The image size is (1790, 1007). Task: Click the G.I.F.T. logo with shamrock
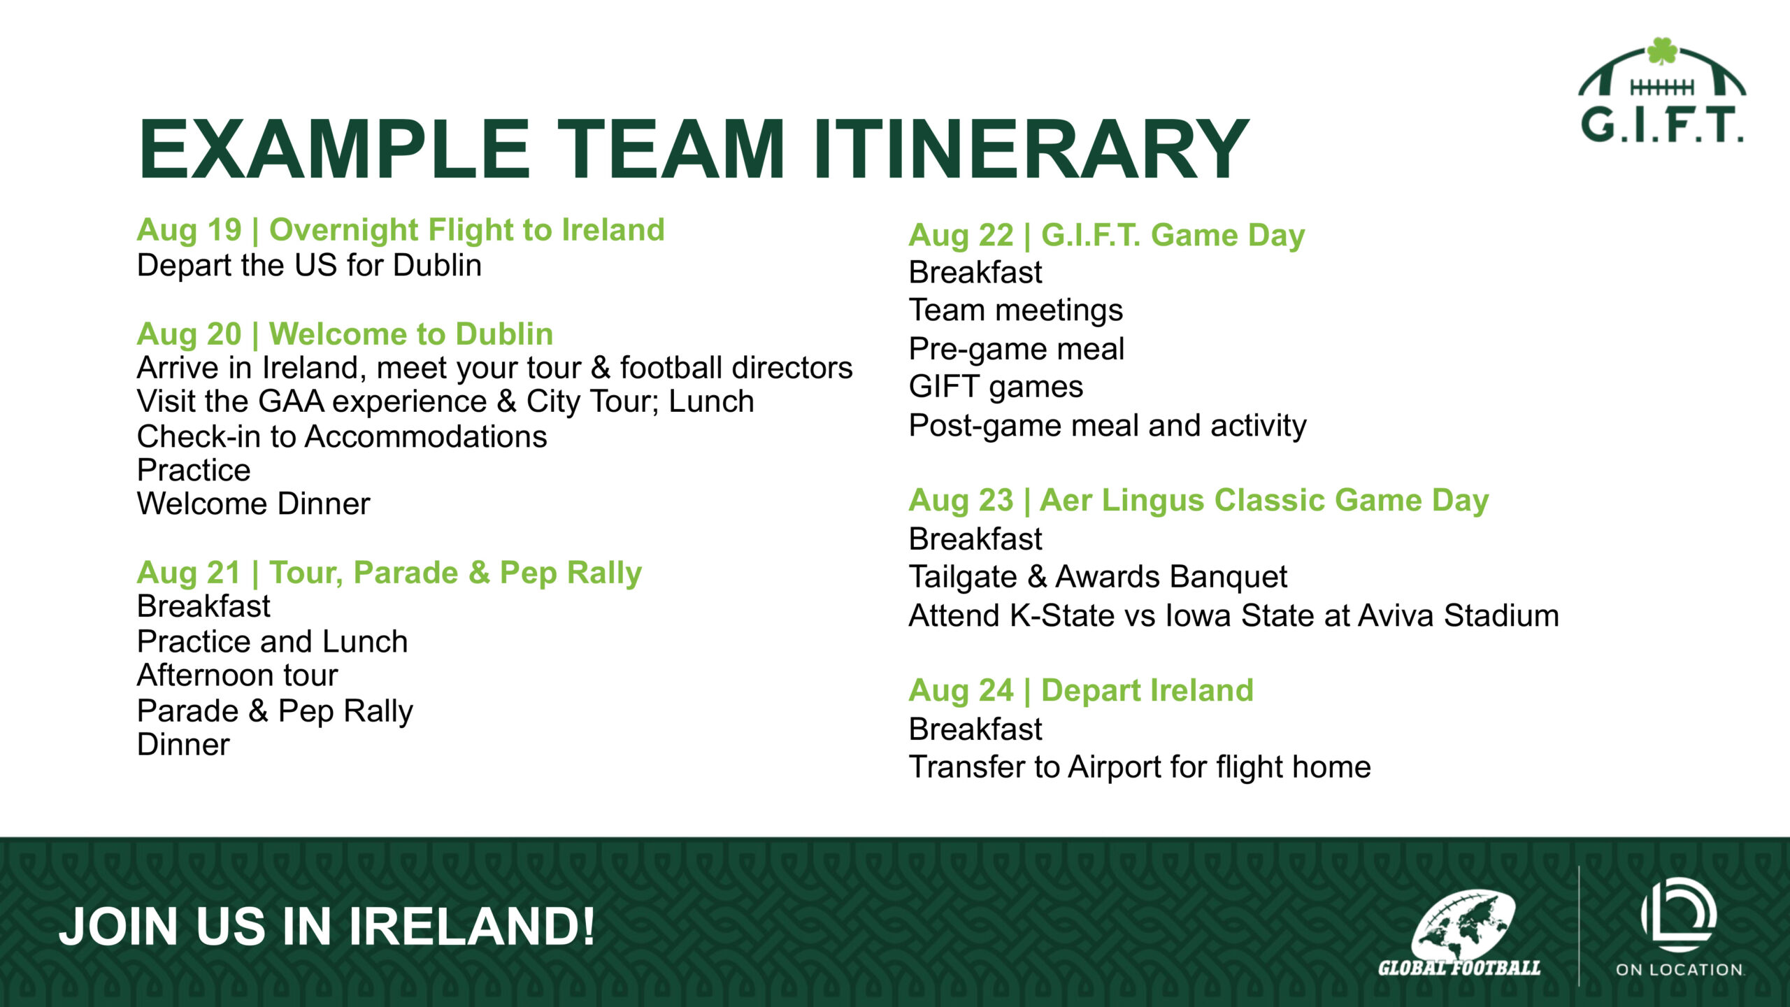click(1661, 90)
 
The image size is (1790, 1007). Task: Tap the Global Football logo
click(1459, 933)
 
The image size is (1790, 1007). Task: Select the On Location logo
click(1680, 927)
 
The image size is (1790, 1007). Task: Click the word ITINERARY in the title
click(1030, 150)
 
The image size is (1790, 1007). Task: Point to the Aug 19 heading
click(401, 229)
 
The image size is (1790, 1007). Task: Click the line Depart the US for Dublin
click(309, 266)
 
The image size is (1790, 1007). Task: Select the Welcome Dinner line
click(253, 503)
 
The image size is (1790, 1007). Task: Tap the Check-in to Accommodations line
click(342, 436)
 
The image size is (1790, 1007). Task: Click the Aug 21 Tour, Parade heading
click(389, 573)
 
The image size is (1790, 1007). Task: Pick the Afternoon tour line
click(237, 676)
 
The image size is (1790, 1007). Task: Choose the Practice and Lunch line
click(272, 641)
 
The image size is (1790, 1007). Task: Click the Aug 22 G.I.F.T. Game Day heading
click(1107, 235)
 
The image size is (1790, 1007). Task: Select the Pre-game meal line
click(1017, 349)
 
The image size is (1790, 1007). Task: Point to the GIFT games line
click(996, 387)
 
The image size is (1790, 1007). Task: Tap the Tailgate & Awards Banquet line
click(1098, 577)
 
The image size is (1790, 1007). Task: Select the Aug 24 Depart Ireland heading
click(1081, 691)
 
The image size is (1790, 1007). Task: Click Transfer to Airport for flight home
click(1140, 767)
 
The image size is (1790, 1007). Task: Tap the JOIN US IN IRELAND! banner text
click(327, 927)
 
